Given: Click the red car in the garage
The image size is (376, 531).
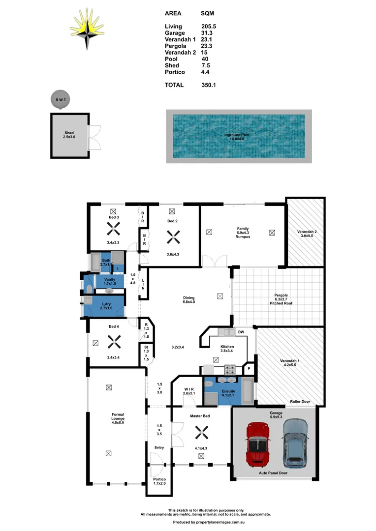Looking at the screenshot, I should [258, 444].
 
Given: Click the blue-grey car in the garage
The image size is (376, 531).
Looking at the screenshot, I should [296, 442].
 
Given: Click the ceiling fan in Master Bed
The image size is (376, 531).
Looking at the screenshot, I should [201, 432].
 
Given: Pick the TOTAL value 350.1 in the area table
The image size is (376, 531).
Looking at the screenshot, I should [209, 85].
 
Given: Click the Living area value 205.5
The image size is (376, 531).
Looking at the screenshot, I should [209, 27].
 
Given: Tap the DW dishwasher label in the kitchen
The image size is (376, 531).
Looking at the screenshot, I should [241, 332].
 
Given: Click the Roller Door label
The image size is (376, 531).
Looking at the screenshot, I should [300, 402].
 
